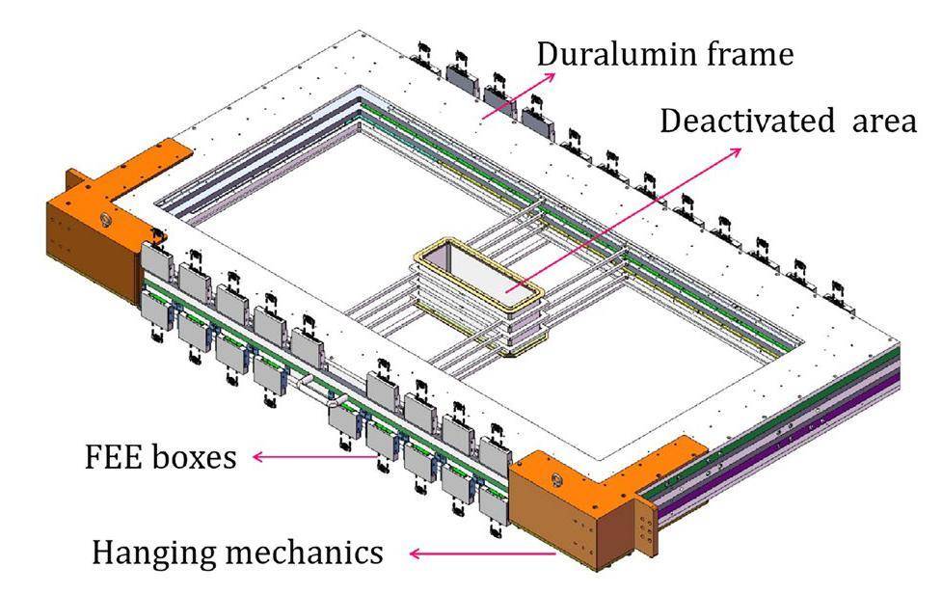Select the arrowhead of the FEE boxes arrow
[x=254, y=457]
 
